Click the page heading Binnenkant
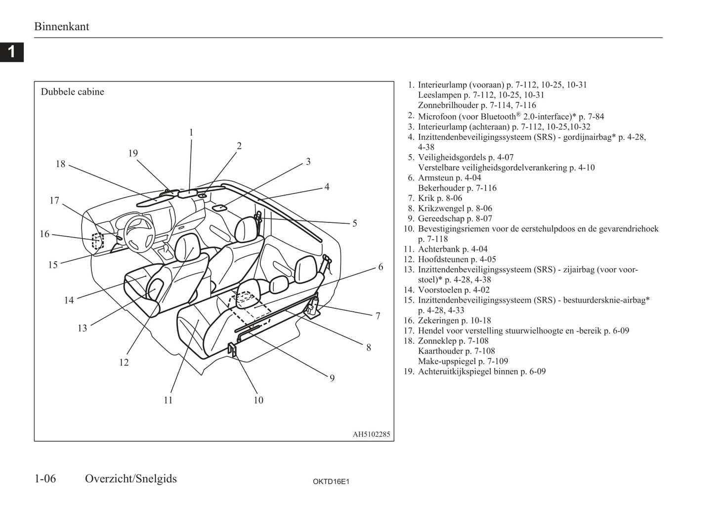click(61, 27)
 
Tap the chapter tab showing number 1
click(11, 51)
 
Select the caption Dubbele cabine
click(72, 92)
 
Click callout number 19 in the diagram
click(133, 154)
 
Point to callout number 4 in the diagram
click(327, 187)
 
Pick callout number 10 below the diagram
click(258, 400)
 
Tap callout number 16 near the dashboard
click(44, 234)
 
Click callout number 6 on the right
click(380, 267)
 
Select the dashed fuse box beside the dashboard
click(98, 241)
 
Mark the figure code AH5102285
click(371, 435)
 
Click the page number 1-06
click(45, 478)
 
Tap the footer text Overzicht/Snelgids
click(130, 478)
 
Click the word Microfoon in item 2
click(437, 117)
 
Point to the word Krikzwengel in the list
click(441, 209)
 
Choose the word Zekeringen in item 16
click(438, 321)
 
